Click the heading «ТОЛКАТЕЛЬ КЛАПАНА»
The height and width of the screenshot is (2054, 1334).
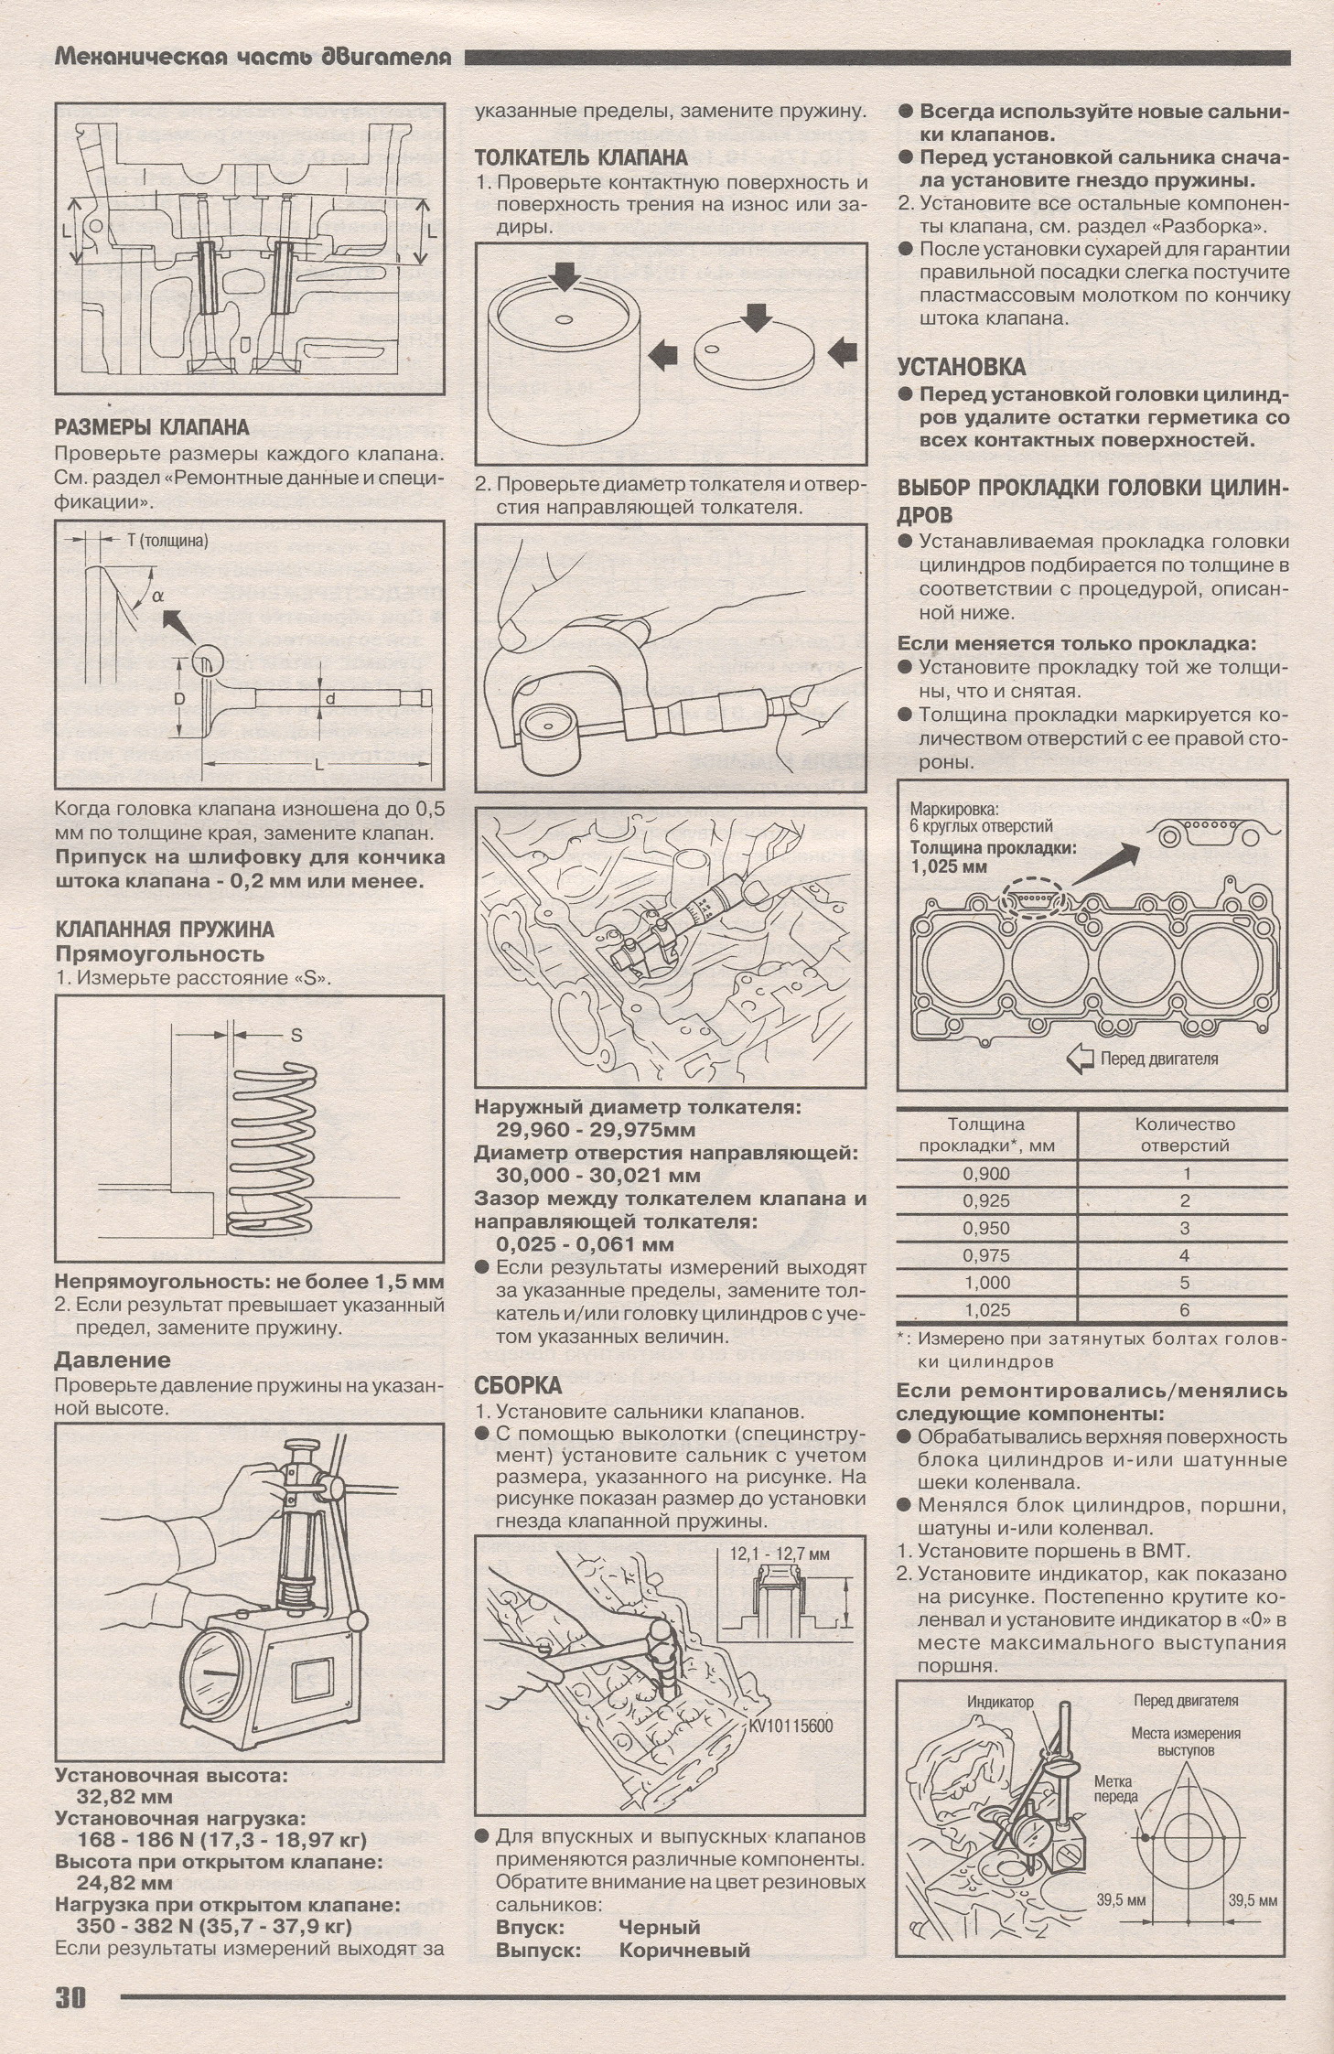coord(581,157)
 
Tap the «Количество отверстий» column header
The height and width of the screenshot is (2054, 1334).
coord(1184,1134)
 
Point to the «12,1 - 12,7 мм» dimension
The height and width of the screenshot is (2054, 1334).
coord(780,1553)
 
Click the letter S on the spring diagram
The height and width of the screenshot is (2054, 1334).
coord(296,1037)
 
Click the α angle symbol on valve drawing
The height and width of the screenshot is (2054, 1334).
coord(158,596)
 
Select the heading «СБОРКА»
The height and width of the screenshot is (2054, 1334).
coord(517,1383)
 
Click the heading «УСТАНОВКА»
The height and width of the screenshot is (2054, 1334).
coord(961,367)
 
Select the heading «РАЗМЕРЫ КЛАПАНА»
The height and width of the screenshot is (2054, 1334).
coord(152,427)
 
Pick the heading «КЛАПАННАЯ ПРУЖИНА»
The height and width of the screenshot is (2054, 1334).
coord(165,930)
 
